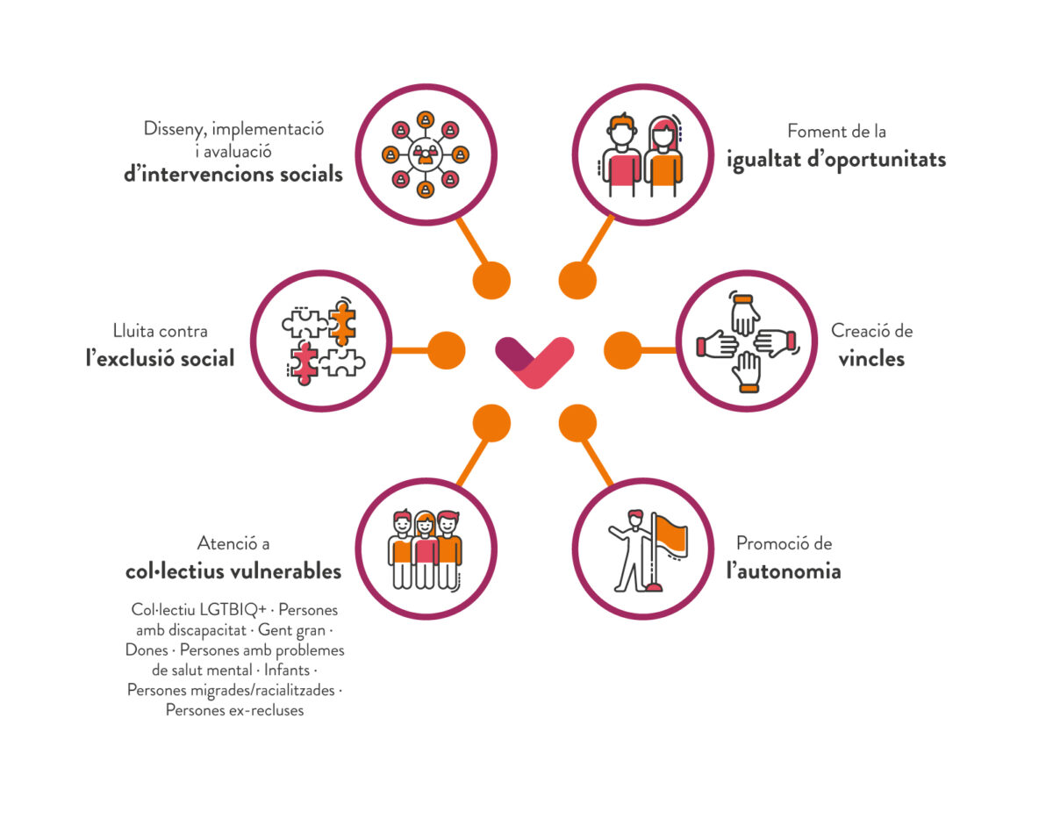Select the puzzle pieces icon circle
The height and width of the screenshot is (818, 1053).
click(x=323, y=341)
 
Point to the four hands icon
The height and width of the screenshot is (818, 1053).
click(x=745, y=341)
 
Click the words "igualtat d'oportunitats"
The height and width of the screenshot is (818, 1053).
click(x=835, y=160)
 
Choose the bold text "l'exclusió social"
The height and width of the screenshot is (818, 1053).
click(x=160, y=358)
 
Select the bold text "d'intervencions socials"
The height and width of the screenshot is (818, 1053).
click(x=233, y=173)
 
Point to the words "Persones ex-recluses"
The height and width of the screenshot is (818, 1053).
click(x=234, y=710)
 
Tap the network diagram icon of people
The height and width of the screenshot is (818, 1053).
click(x=426, y=155)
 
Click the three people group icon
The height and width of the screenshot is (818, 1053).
click(x=426, y=549)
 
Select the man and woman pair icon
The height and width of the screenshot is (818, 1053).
click(x=642, y=156)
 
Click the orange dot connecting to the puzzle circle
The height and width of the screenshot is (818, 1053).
click(x=446, y=350)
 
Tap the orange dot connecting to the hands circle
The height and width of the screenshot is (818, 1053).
click(x=623, y=350)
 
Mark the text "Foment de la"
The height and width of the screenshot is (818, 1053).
click(x=836, y=132)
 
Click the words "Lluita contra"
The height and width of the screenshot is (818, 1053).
click(x=160, y=331)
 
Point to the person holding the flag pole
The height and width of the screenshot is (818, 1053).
click(x=632, y=549)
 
